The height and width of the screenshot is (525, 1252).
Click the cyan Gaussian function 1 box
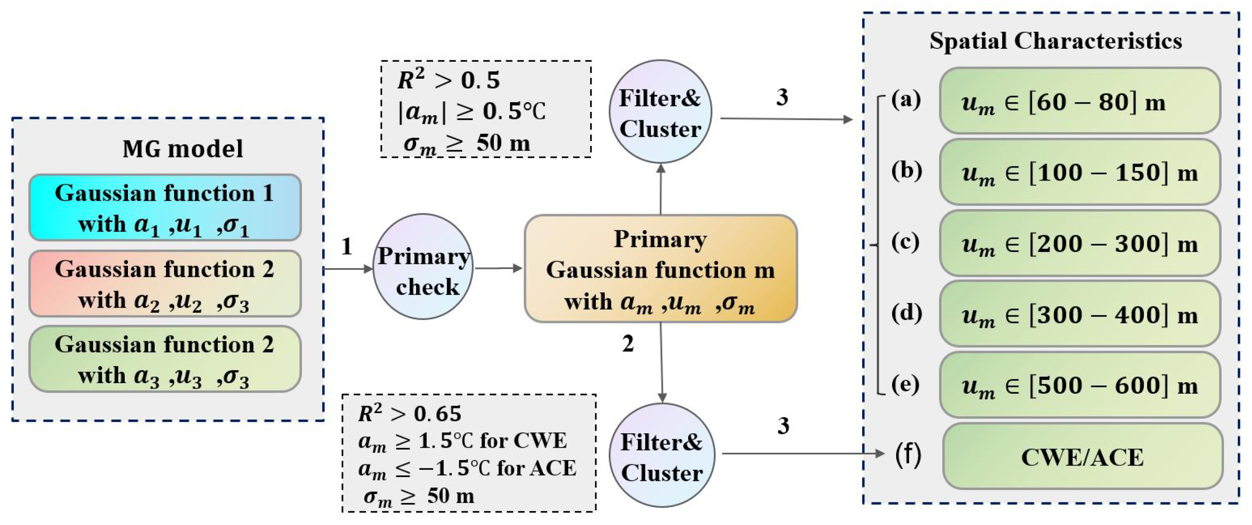pyautogui.click(x=165, y=208)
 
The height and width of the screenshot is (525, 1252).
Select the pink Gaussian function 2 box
pyautogui.click(x=165, y=284)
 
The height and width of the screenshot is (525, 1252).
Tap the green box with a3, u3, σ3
pyautogui.click(x=165, y=359)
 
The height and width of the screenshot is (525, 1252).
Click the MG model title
pyautogui.click(x=183, y=149)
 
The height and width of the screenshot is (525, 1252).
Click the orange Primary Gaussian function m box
pyautogui.click(x=661, y=269)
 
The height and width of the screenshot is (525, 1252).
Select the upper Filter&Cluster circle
pyautogui.click(x=660, y=112)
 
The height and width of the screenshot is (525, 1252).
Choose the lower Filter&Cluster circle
pyautogui.click(x=661, y=455)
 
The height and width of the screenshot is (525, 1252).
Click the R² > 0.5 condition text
pyautogui.click(x=448, y=79)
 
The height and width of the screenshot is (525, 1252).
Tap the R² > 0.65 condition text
pyautogui.click(x=409, y=414)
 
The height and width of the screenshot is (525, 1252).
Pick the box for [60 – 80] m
pyautogui.click(x=1080, y=101)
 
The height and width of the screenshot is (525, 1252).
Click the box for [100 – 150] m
pyautogui.click(x=1080, y=172)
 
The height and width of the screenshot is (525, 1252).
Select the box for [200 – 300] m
pyautogui.click(x=1080, y=243)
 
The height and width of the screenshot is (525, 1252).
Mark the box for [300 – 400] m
pyautogui.click(x=1080, y=314)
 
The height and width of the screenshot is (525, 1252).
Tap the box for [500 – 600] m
pyautogui.click(x=1080, y=385)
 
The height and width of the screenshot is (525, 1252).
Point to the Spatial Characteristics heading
pyautogui.click(x=1055, y=41)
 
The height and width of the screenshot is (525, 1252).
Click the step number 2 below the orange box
pyautogui.click(x=628, y=344)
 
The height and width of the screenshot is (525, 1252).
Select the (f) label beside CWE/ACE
pyautogui.click(x=908, y=456)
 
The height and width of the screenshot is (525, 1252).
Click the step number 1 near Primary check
pyautogui.click(x=347, y=247)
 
